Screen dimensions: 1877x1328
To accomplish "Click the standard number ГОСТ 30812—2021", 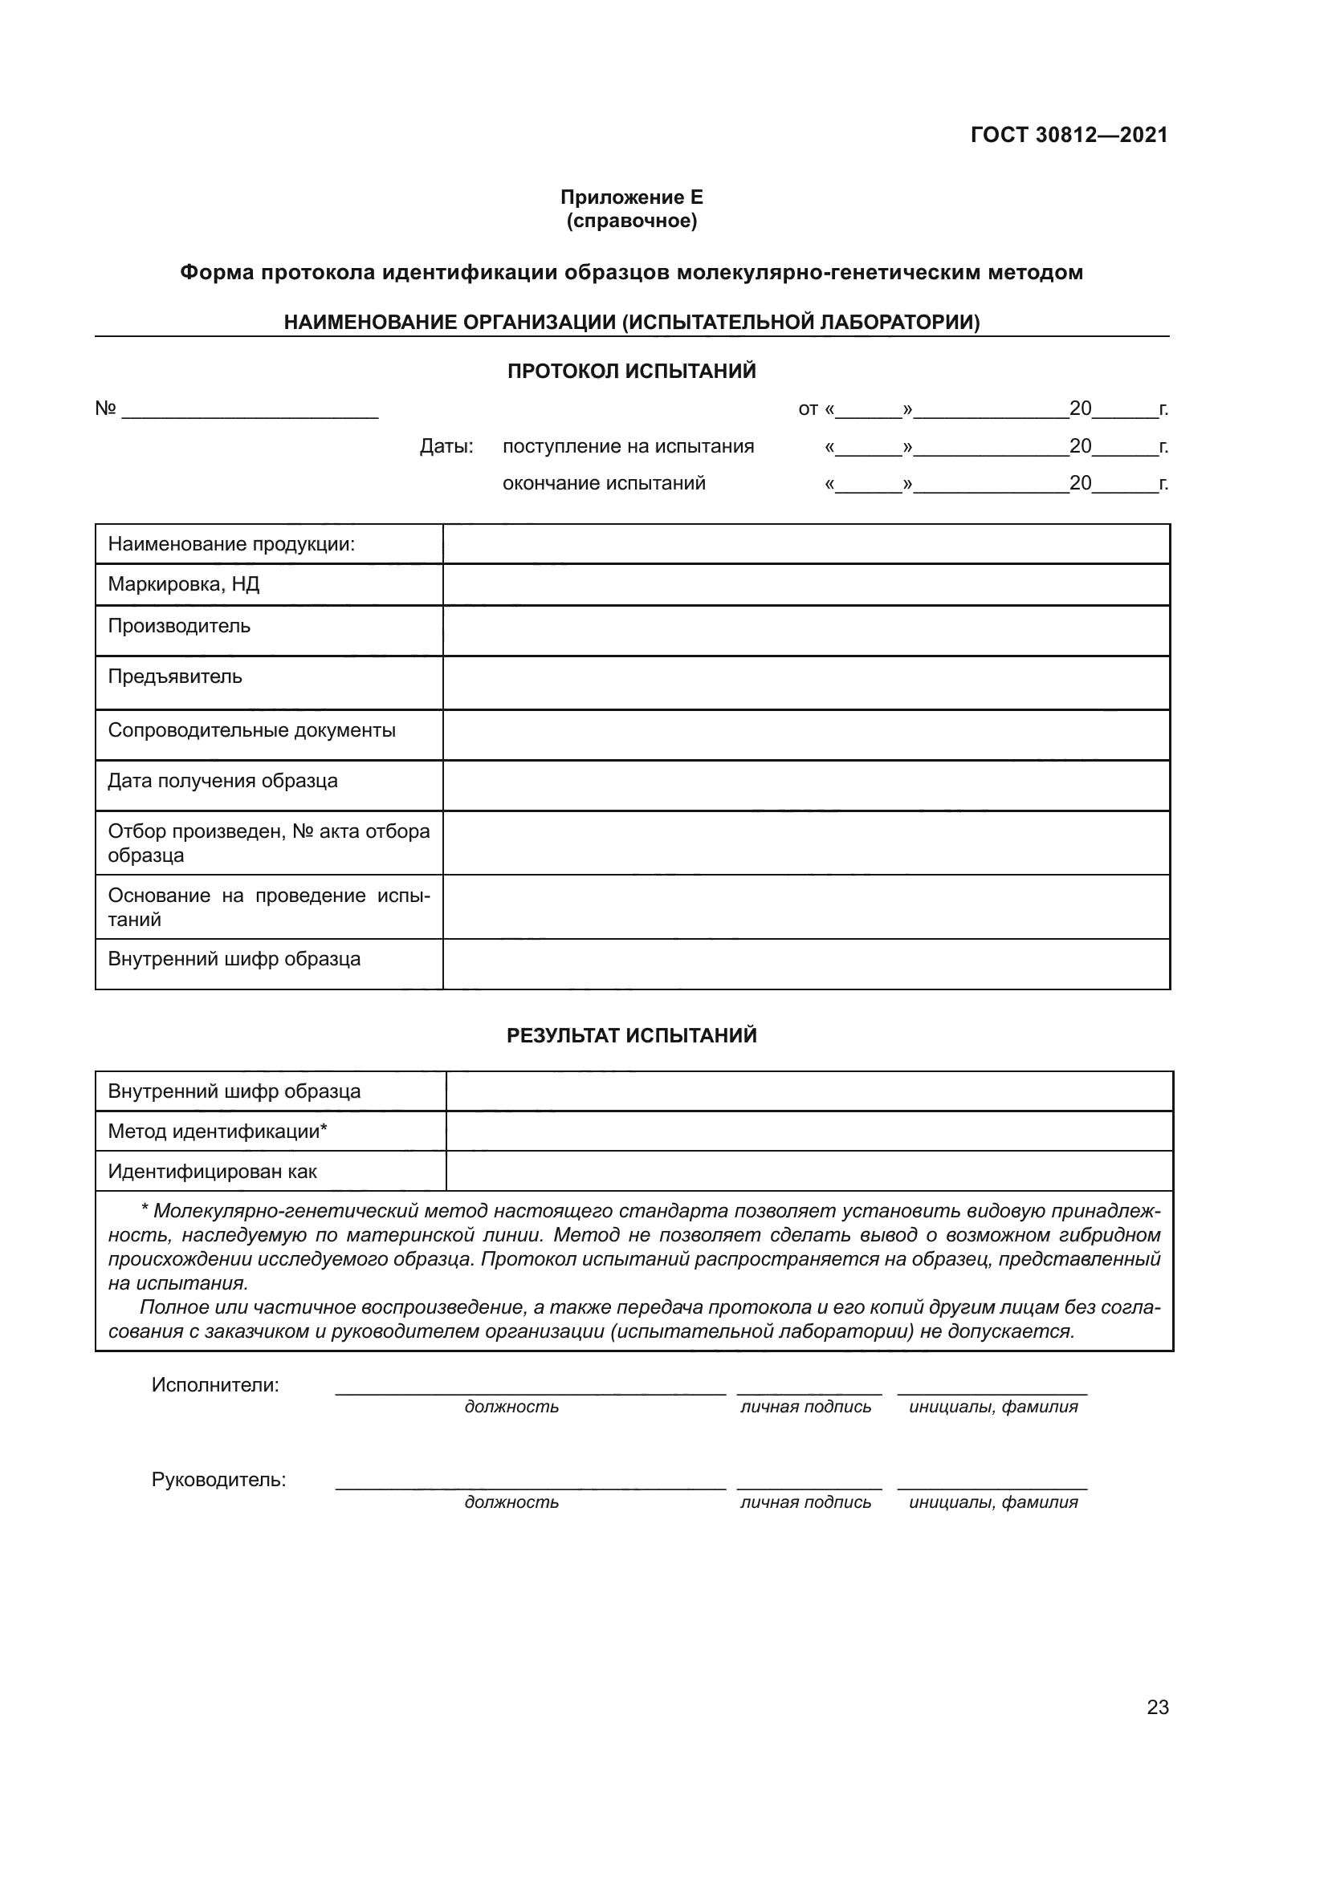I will (x=1069, y=135).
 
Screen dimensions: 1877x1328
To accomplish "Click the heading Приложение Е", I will (x=631, y=197).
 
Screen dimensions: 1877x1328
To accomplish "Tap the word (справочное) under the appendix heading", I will (x=631, y=221).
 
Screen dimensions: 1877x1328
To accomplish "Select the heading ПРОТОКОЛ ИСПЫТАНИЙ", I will (x=631, y=372).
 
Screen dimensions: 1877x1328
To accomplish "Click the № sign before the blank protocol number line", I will (x=105, y=408).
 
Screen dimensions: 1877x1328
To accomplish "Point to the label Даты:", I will (x=446, y=446).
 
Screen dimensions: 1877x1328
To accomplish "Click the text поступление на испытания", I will (x=628, y=446).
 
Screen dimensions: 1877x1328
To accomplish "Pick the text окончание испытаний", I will (x=604, y=483).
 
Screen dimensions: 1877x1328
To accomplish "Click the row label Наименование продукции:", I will (x=231, y=544).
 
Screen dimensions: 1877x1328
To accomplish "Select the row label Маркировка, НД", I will (x=184, y=584).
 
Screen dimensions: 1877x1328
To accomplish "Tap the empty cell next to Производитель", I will (x=805, y=630).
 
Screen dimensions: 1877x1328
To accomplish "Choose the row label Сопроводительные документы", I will (x=252, y=730).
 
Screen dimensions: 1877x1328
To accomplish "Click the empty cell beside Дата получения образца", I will (x=805, y=786).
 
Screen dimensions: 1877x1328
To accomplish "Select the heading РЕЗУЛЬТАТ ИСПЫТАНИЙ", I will (x=631, y=1036).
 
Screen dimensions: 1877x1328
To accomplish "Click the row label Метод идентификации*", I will (x=218, y=1131).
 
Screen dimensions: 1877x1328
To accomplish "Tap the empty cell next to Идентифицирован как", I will (x=809, y=1171).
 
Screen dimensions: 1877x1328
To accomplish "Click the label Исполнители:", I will (x=215, y=1385).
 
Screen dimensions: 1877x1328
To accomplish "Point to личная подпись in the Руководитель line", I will (x=805, y=1501).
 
